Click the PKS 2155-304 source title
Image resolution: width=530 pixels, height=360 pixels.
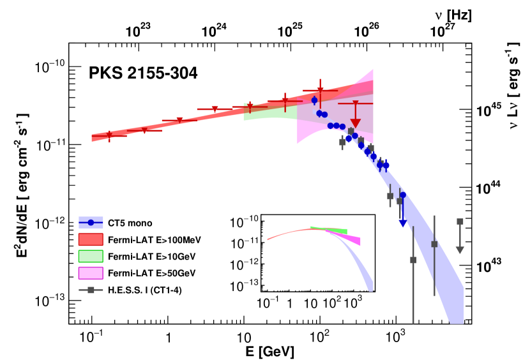pyautogui.click(x=142, y=73)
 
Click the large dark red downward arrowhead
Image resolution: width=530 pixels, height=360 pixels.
pyautogui.click(x=356, y=124)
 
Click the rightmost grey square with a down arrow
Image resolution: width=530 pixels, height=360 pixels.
pyautogui.click(x=460, y=222)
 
